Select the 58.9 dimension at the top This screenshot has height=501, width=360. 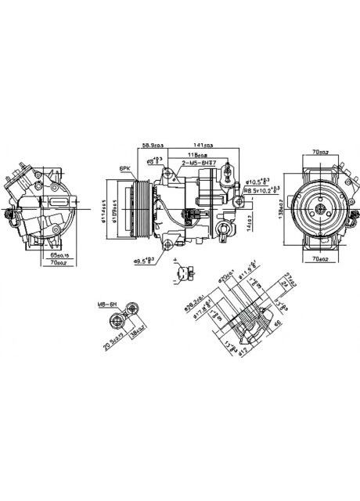[x=152, y=144]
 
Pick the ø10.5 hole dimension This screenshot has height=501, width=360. [x=258, y=180]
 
